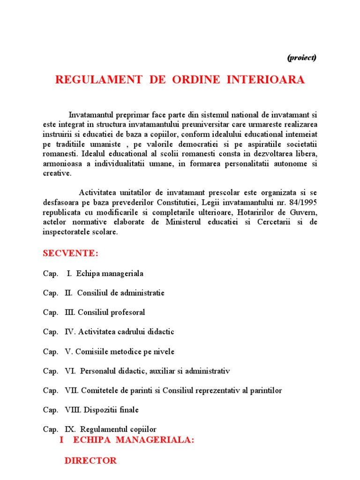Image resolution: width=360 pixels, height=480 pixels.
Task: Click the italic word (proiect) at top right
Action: click(301, 58)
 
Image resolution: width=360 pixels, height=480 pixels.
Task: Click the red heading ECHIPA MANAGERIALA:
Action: click(133, 441)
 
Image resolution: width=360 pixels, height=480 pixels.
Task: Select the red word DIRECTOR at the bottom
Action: click(90, 461)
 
